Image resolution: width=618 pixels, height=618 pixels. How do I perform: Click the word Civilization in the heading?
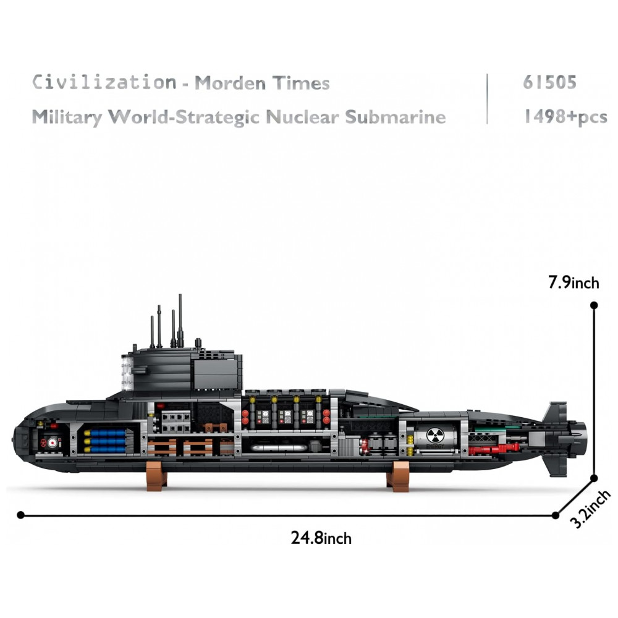point(104,82)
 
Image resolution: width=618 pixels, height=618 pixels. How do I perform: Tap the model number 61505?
point(549,82)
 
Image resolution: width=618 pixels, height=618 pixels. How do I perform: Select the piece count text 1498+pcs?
point(565,116)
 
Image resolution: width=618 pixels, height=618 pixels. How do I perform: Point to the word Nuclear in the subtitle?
point(303,117)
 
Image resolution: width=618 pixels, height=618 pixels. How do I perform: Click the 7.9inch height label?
point(574,282)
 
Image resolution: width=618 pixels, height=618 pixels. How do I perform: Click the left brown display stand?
point(156,475)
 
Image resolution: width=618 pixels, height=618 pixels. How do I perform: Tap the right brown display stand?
point(399,476)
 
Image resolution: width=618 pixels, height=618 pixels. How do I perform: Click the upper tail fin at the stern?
point(555,413)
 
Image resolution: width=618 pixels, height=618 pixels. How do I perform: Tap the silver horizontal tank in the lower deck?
point(279,447)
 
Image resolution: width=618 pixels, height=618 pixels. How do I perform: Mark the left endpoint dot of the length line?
point(21,514)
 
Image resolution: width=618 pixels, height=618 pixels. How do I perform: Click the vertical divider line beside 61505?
point(487,99)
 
